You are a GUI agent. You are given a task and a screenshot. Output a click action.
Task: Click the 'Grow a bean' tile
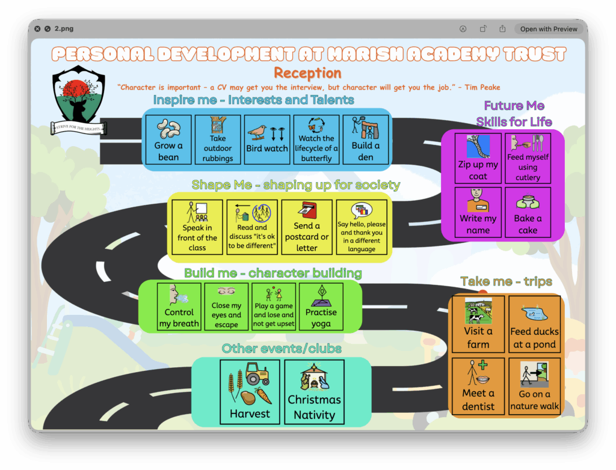pos(168,139)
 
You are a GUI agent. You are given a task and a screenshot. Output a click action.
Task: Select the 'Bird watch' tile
pos(267,139)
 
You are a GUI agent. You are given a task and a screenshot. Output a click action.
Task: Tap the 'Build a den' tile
pos(366,139)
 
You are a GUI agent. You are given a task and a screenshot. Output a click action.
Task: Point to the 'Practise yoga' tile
pos(321,306)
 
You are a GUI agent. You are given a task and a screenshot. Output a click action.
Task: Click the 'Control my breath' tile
pos(179,306)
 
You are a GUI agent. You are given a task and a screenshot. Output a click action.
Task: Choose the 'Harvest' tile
pos(250,392)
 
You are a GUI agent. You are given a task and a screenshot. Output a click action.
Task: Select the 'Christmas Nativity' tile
pos(314,392)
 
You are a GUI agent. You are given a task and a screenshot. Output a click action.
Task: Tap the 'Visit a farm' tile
pos(478,324)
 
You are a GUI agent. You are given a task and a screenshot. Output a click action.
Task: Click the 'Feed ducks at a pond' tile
pos(534,324)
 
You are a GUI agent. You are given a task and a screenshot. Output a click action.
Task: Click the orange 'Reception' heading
pos(307,73)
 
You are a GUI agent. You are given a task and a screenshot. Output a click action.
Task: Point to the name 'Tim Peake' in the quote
pos(482,87)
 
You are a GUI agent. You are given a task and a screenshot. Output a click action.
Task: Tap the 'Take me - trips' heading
pos(506,281)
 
